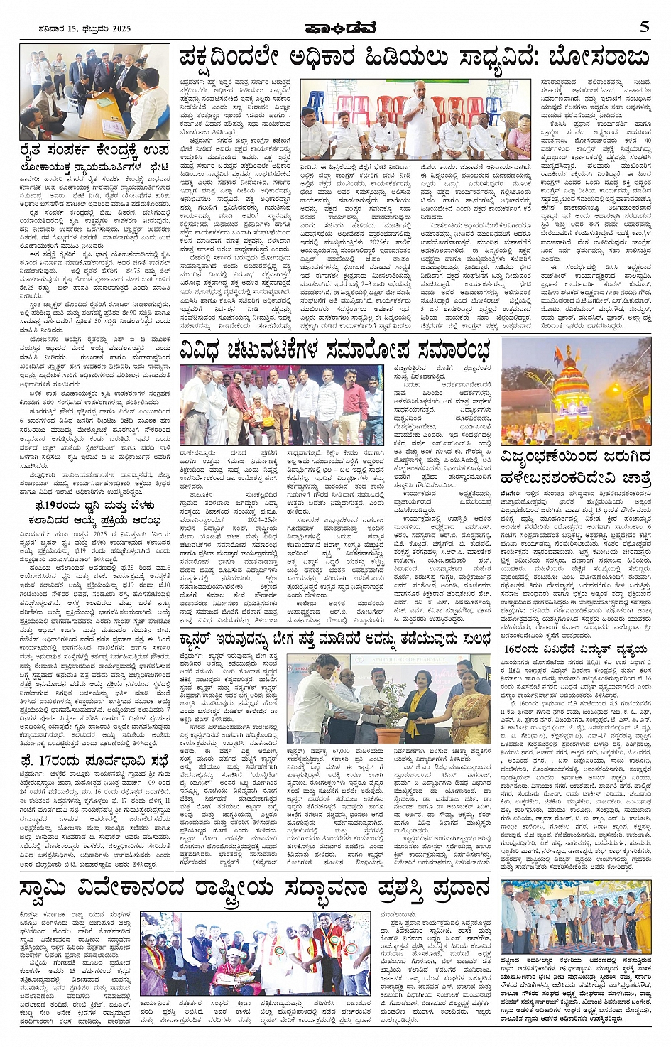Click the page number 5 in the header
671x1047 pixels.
(x=644, y=27)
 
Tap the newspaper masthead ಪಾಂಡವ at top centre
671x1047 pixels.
(x=334, y=28)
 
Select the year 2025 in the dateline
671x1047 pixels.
(x=118, y=28)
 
